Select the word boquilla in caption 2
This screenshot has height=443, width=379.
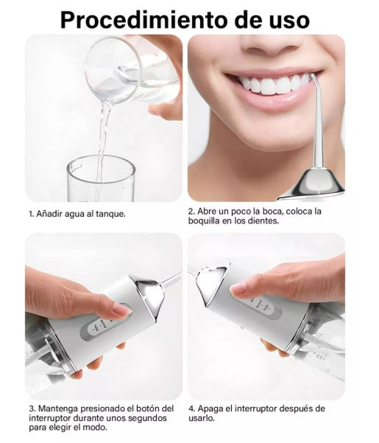(x=204, y=220)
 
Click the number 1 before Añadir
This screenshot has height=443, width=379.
(x=31, y=214)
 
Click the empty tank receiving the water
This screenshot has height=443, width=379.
(x=101, y=178)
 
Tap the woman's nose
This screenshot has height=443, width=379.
(x=271, y=45)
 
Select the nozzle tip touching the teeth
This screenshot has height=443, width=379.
(x=312, y=77)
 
